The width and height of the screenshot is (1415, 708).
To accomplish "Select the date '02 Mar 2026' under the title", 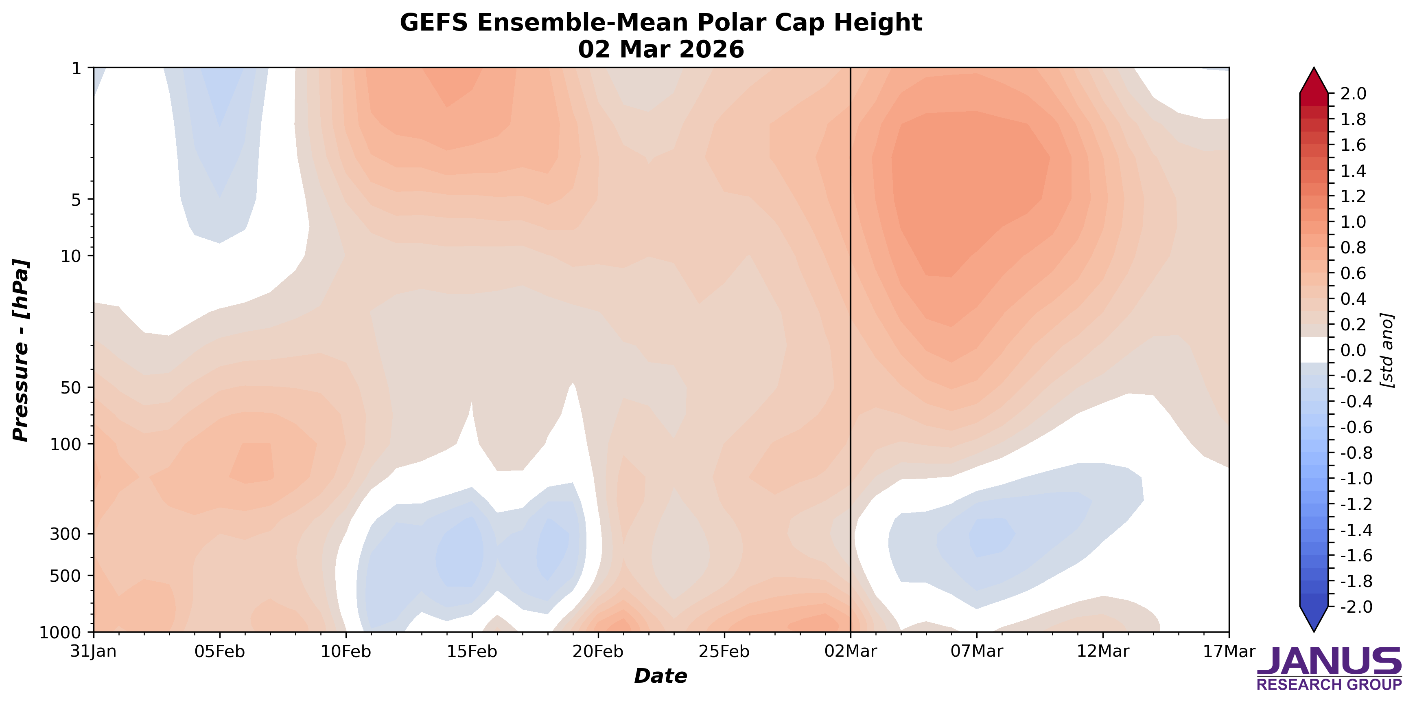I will (661, 49).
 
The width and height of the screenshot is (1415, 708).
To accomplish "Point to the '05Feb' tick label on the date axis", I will (220, 651).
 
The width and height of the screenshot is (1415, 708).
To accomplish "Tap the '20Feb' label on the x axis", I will (598, 651).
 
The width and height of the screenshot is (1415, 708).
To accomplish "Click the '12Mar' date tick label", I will (1102, 651).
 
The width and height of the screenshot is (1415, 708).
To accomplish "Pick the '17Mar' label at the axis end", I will (1229, 651).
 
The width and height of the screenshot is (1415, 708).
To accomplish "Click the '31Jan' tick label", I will (93, 651).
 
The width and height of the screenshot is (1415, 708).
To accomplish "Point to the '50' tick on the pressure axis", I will (70, 387).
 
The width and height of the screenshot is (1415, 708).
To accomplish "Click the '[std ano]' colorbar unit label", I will (1388, 350).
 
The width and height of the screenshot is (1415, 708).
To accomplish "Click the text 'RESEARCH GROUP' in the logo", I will (1329, 685).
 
